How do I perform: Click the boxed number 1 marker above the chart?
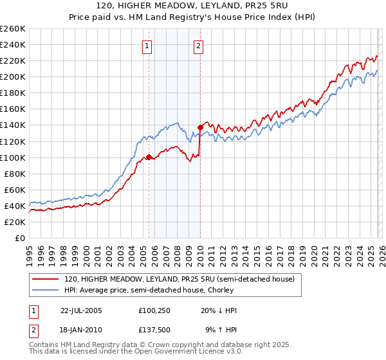[148, 46]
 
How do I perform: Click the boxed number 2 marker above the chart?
[198, 46]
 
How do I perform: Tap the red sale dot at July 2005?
[149, 157]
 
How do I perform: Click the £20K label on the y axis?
[14, 222]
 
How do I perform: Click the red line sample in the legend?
[46, 279]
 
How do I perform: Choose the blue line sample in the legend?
[46, 290]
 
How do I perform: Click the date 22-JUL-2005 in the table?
[81, 310]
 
